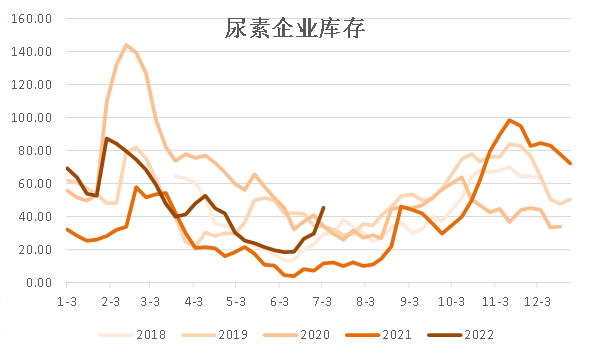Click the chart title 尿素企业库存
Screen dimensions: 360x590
[294, 30]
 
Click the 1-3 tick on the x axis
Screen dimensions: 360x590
[67, 300]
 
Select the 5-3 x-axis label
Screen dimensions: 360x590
[236, 300]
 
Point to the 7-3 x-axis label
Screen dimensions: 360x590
[323, 300]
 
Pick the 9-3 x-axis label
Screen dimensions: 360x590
[408, 300]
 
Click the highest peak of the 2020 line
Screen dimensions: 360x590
[127, 45]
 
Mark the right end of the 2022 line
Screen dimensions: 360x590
[323, 208]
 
